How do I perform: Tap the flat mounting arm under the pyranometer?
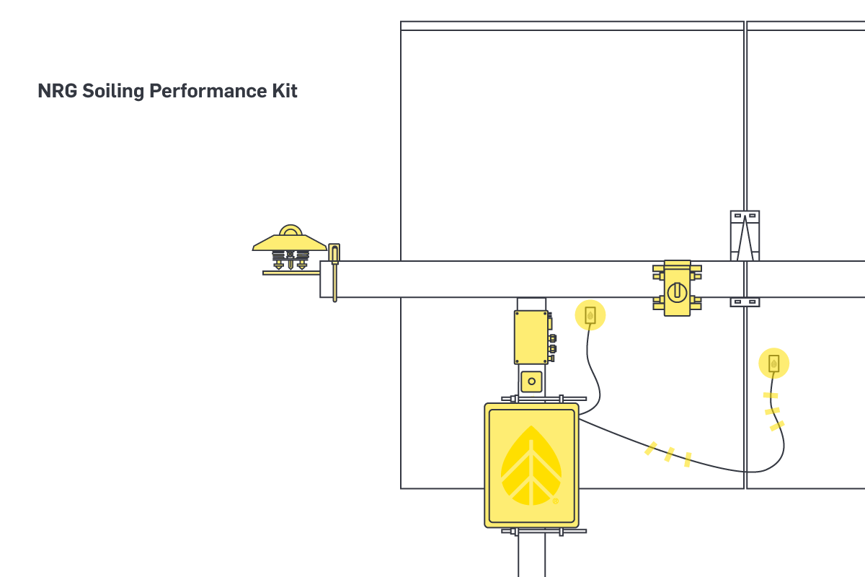click(290, 273)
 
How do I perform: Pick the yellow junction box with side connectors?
click(532, 337)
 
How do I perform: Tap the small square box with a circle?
click(531, 380)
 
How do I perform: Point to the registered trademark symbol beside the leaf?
click(555, 501)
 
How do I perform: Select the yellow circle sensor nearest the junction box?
click(590, 315)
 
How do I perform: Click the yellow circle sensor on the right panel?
click(773, 363)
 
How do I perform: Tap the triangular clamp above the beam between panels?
click(745, 236)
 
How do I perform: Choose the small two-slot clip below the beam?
click(745, 302)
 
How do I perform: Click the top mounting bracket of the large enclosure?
click(531, 399)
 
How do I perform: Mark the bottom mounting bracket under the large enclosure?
click(531, 532)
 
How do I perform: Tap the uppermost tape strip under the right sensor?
click(771, 395)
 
